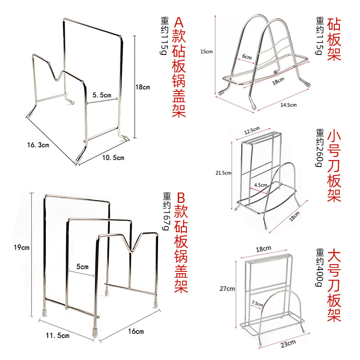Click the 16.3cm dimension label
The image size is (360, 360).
click(37, 145)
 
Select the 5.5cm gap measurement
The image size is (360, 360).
click(102, 95)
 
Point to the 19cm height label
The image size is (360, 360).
click(22, 247)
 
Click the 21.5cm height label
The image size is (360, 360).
click(223, 172)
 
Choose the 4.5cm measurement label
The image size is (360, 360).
click(261, 184)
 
